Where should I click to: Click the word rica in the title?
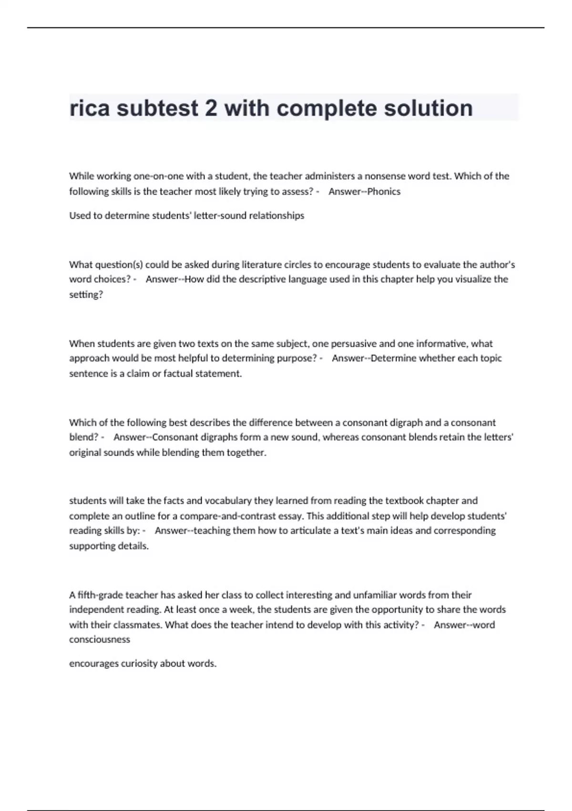click(x=90, y=108)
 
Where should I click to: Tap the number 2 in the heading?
click(x=210, y=108)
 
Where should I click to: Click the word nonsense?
click(x=384, y=176)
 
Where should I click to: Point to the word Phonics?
click(x=384, y=191)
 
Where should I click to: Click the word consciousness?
click(x=100, y=639)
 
